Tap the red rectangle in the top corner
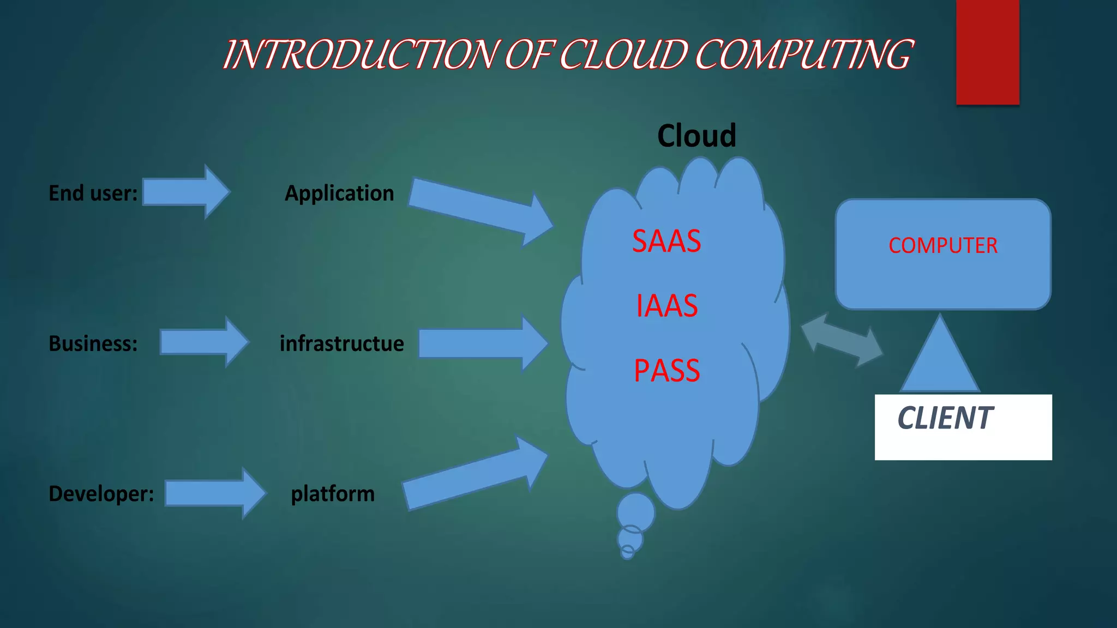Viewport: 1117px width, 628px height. pyautogui.click(x=987, y=52)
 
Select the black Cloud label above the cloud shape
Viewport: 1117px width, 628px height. pyautogui.click(x=696, y=136)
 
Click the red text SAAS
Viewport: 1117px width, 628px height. pyautogui.click(x=666, y=241)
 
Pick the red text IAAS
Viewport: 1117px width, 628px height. pyautogui.click(x=666, y=306)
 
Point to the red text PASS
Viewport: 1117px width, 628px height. pyautogui.click(x=666, y=371)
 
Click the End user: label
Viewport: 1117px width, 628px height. pyautogui.click(x=93, y=193)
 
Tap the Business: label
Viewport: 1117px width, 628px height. pyautogui.click(x=93, y=343)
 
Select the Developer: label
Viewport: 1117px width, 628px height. pyautogui.click(x=101, y=493)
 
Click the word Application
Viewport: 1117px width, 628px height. pyautogui.click(x=339, y=193)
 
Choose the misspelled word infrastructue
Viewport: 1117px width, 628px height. pyautogui.click(x=341, y=343)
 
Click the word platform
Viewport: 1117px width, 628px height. pyautogui.click(x=333, y=493)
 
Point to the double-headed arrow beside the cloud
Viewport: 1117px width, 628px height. pyautogui.click(x=842, y=340)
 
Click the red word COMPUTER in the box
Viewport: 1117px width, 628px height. pyautogui.click(x=942, y=245)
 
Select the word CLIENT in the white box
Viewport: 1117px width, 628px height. pyautogui.click(x=945, y=418)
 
